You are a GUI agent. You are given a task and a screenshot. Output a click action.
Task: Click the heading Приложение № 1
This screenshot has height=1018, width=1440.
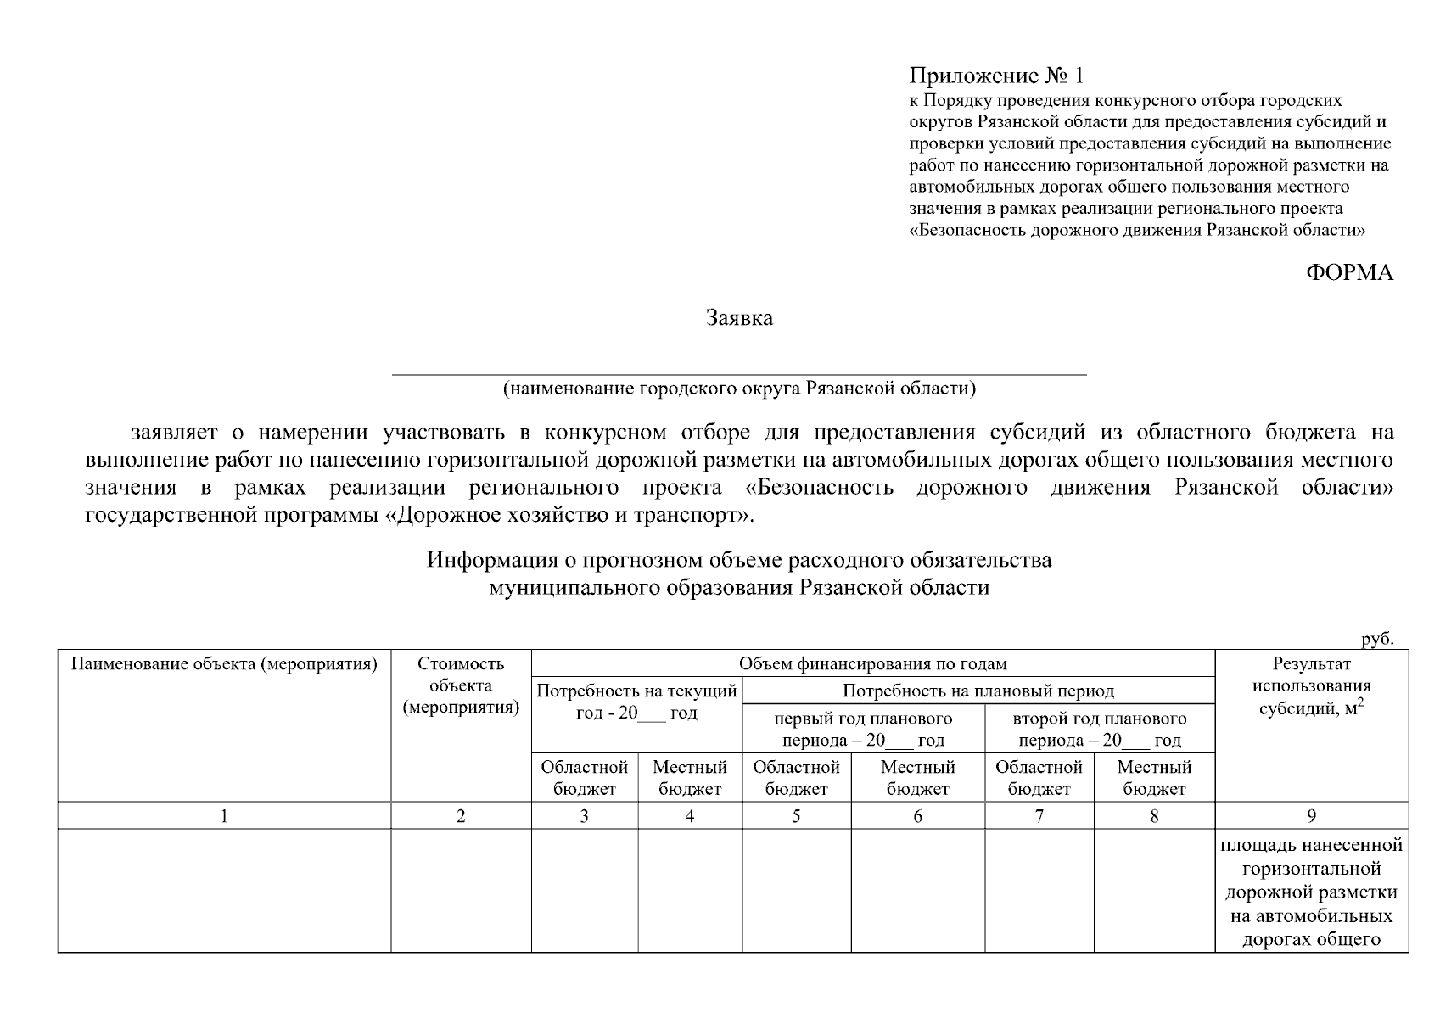[x=996, y=76]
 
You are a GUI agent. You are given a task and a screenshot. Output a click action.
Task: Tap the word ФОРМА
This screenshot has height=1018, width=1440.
[x=1348, y=272]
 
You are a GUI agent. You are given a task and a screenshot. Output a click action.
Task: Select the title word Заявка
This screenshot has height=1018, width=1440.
[x=739, y=319]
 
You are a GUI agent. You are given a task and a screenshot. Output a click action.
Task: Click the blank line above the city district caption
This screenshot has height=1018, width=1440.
[x=738, y=372]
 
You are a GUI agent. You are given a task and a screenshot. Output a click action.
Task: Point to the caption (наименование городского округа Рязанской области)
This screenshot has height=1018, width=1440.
[x=739, y=389]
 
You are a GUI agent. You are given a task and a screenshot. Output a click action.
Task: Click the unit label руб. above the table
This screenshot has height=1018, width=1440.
[x=1377, y=640]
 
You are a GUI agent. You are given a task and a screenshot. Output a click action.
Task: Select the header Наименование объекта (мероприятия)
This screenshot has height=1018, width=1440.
[x=224, y=664]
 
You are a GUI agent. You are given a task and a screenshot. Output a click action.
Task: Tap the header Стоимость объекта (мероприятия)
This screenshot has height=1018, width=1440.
[x=461, y=685]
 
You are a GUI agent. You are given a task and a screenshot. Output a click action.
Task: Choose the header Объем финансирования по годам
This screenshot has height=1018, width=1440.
[x=872, y=664]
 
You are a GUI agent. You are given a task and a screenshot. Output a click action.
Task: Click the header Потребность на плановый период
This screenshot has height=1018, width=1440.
[x=978, y=691]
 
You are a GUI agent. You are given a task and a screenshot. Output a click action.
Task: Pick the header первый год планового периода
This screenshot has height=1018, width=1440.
[x=863, y=730]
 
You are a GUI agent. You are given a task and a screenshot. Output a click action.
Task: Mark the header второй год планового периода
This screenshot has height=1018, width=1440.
[x=1100, y=730]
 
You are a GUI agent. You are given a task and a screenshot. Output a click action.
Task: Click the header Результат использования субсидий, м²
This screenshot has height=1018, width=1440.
[x=1311, y=686]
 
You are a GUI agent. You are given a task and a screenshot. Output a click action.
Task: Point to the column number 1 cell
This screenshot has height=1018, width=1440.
[x=224, y=816]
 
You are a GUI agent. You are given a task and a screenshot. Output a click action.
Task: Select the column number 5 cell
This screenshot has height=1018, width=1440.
[x=796, y=816]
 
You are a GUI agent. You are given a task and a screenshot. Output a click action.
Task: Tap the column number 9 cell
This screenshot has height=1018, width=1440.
[x=1311, y=816]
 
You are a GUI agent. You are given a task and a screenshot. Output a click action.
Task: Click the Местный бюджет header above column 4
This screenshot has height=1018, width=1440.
[x=689, y=778]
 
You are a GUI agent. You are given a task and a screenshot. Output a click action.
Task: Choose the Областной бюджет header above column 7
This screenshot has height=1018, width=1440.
[x=1039, y=778]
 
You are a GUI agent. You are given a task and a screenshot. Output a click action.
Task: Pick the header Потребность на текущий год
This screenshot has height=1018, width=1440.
[x=636, y=702]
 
